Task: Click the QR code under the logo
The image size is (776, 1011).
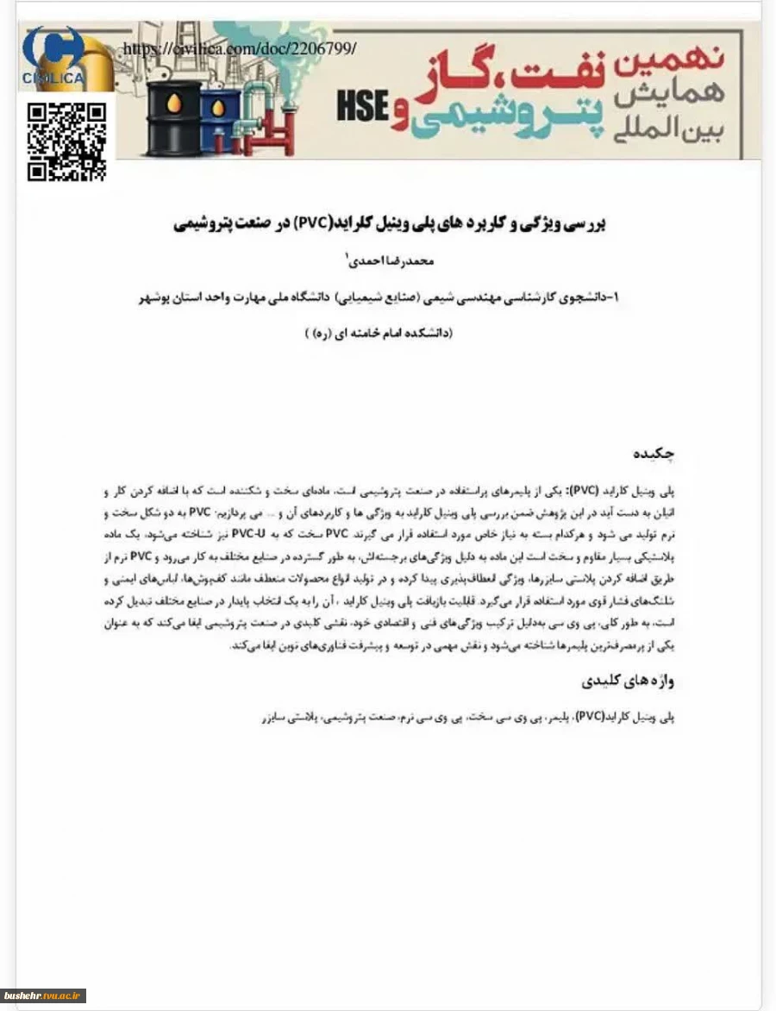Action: pyautogui.click(x=67, y=141)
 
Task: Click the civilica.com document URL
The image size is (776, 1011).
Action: pyautogui.click(x=239, y=49)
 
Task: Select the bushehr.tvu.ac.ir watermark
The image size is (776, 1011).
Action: pyautogui.click(x=43, y=996)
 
